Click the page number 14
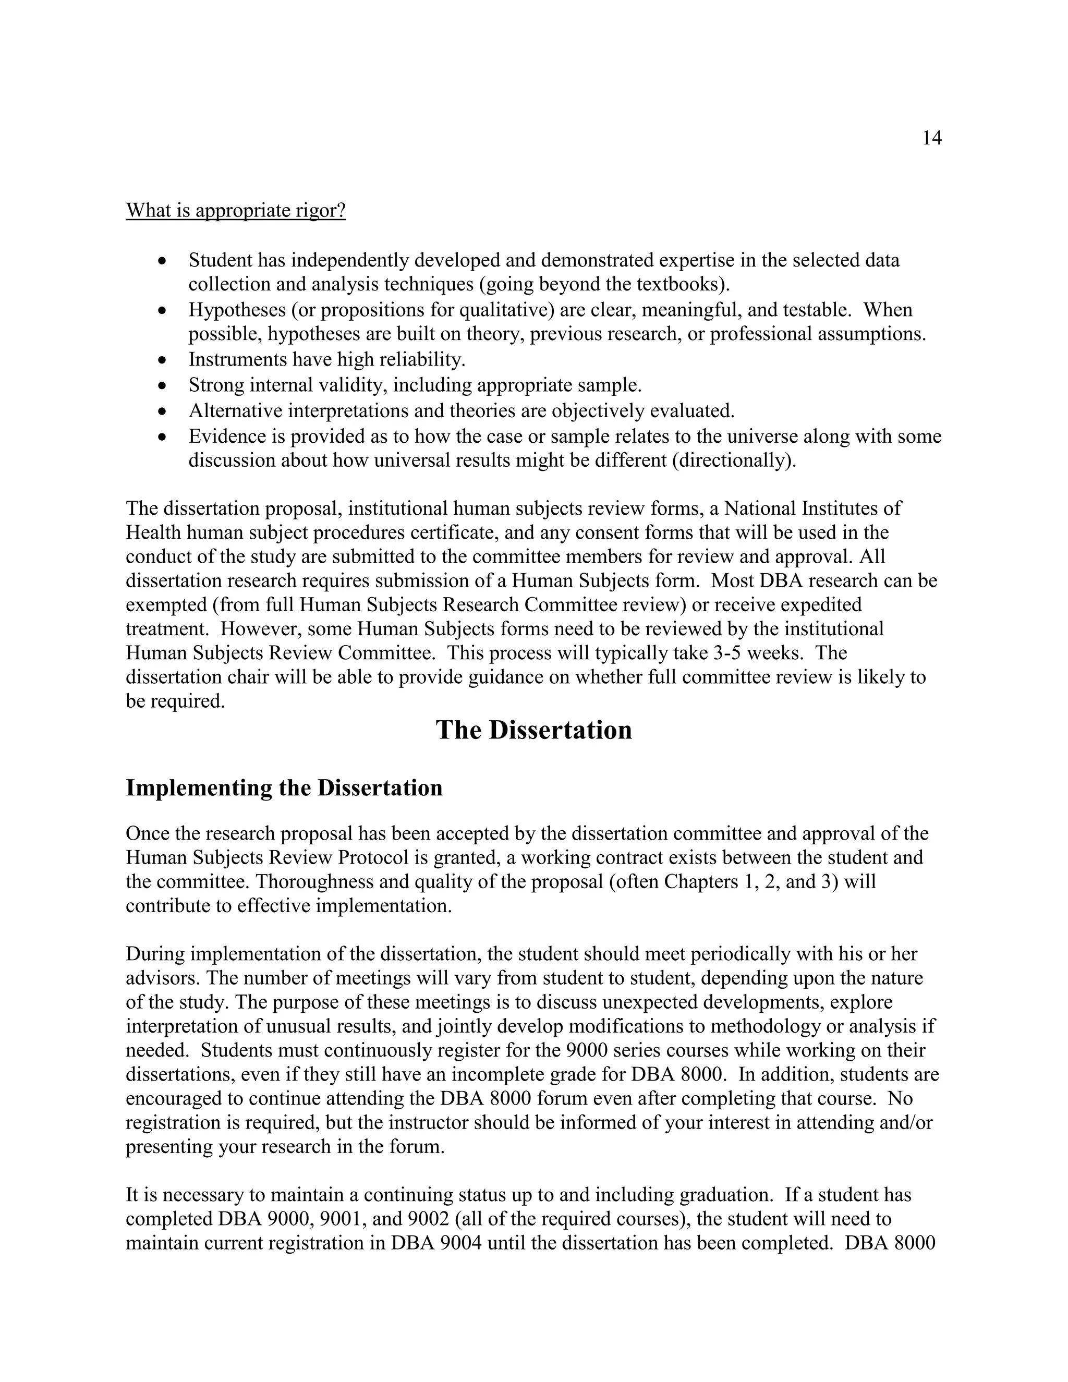click(x=931, y=138)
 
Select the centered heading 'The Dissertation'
click(x=533, y=730)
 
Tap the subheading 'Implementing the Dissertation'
click(x=284, y=788)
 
